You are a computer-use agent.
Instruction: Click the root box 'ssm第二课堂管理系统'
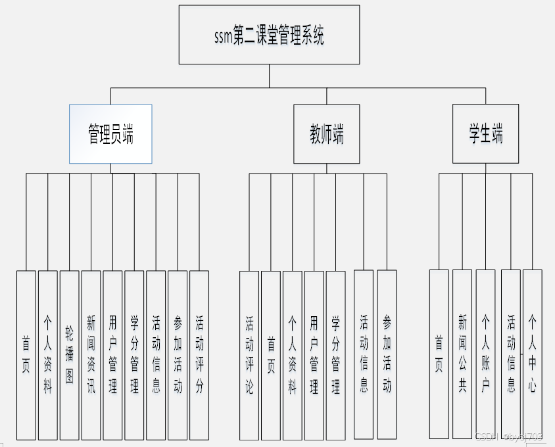[x=269, y=35]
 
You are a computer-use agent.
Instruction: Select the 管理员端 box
[x=110, y=134]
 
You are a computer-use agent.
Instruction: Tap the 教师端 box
[x=327, y=134]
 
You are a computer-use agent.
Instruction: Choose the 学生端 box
[x=485, y=134]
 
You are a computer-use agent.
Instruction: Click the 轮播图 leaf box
[x=69, y=355]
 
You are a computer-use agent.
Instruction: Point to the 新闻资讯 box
[x=91, y=355]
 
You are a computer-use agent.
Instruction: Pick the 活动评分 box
[x=199, y=355]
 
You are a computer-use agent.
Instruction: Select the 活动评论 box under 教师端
[x=249, y=355]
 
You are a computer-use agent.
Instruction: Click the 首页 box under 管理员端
[x=26, y=355]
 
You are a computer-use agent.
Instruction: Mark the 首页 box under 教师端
[x=271, y=355]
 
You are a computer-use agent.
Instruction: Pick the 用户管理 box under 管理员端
[x=112, y=355]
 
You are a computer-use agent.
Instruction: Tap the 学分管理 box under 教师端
[x=335, y=355]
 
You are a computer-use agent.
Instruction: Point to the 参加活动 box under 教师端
[x=387, y=355]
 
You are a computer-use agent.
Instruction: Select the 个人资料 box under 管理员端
[x=47, y=355]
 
